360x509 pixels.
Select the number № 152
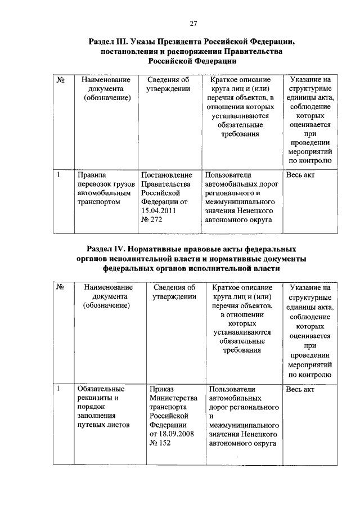pyautogui.click(x=160, y=444)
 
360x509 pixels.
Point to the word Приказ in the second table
pyautogui.click(x=163, y=389)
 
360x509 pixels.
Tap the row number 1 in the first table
pyautogui.click(x=58, y=175)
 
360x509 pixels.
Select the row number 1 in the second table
pyautogui.click(x=58, y=389)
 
